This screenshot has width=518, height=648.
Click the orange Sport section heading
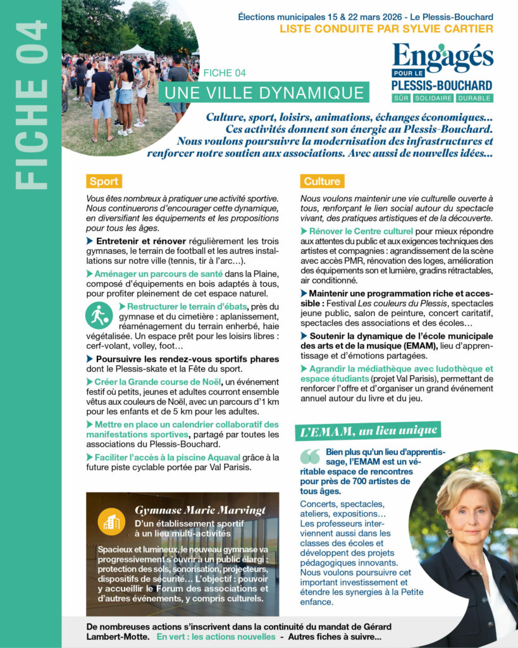[104, 182]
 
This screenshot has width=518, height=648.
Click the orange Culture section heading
[322, 182]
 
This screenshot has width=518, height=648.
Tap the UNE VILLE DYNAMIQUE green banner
[264, 92]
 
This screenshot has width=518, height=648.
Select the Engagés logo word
[442, 58]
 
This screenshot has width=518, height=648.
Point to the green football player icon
[99, 315]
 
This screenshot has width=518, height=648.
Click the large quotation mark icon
[310, 457]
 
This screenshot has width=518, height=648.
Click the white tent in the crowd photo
[137, 51]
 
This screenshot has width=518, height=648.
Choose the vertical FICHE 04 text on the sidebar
[31, 104]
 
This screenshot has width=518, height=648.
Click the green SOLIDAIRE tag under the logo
[441, 98]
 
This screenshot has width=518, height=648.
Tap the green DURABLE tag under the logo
[476, 98]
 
